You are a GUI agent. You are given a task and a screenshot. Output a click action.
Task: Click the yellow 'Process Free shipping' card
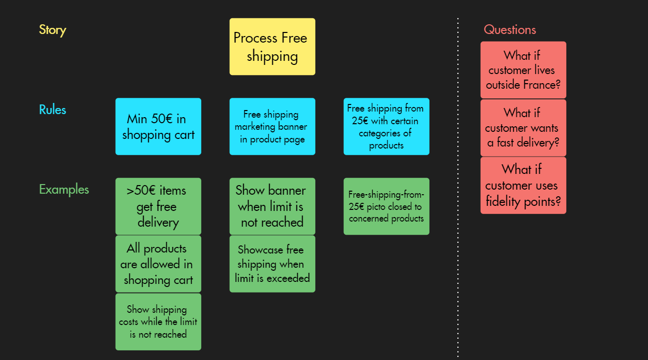[x=272, y=47]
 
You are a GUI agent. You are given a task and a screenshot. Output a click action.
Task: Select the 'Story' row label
[x=53, y=30]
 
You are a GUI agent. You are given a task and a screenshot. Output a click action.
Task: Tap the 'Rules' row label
[x=53, y=110]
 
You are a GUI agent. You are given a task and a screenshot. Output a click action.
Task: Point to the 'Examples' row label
[x=64, y=190]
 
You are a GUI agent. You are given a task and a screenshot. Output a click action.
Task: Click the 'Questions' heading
[x=510, y=30]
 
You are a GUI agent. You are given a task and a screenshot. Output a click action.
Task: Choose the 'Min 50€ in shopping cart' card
[x=158, y=126]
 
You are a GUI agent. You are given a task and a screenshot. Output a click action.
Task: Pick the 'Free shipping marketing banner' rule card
[x=272, y=126]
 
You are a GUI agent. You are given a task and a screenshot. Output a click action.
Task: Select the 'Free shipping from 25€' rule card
[x=386, y=126]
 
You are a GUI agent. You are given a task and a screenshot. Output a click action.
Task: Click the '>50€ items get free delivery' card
[x=158, y=206]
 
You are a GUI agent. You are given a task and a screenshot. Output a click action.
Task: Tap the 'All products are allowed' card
[x=158, y=264]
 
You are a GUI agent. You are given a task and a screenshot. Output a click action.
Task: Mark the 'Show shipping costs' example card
[x=158, y=321]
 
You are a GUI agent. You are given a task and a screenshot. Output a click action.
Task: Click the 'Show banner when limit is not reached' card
[x=272, y=206]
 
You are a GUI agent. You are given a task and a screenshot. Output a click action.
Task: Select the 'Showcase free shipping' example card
[x=272, y=264]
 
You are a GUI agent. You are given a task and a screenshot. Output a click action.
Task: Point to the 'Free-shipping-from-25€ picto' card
[x=386, y=206]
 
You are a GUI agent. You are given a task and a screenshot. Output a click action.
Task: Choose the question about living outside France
[x=523, y=70]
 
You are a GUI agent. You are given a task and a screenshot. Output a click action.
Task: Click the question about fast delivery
[x=523, y=128]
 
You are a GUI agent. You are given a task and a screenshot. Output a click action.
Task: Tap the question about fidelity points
[x=523, y=185]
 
